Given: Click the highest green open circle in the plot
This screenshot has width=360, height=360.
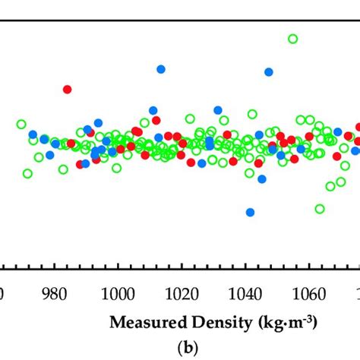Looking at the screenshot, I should coord(292,39).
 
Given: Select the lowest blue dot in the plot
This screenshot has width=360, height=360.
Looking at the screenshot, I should coord(250,212).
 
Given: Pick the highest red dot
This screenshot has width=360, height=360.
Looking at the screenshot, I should coord(67,89).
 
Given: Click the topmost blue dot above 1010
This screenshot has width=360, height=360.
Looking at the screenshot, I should coord(161,69).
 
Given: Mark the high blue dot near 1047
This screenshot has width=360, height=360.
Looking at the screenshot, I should coord(269,72).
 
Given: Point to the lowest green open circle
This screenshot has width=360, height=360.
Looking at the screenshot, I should coord(320,209).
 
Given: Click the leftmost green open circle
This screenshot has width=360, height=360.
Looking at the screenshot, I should coord(21,124).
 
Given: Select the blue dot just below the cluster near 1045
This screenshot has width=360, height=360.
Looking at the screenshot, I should coord(262,179).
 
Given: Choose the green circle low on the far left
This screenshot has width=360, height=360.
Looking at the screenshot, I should coord(27,173).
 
